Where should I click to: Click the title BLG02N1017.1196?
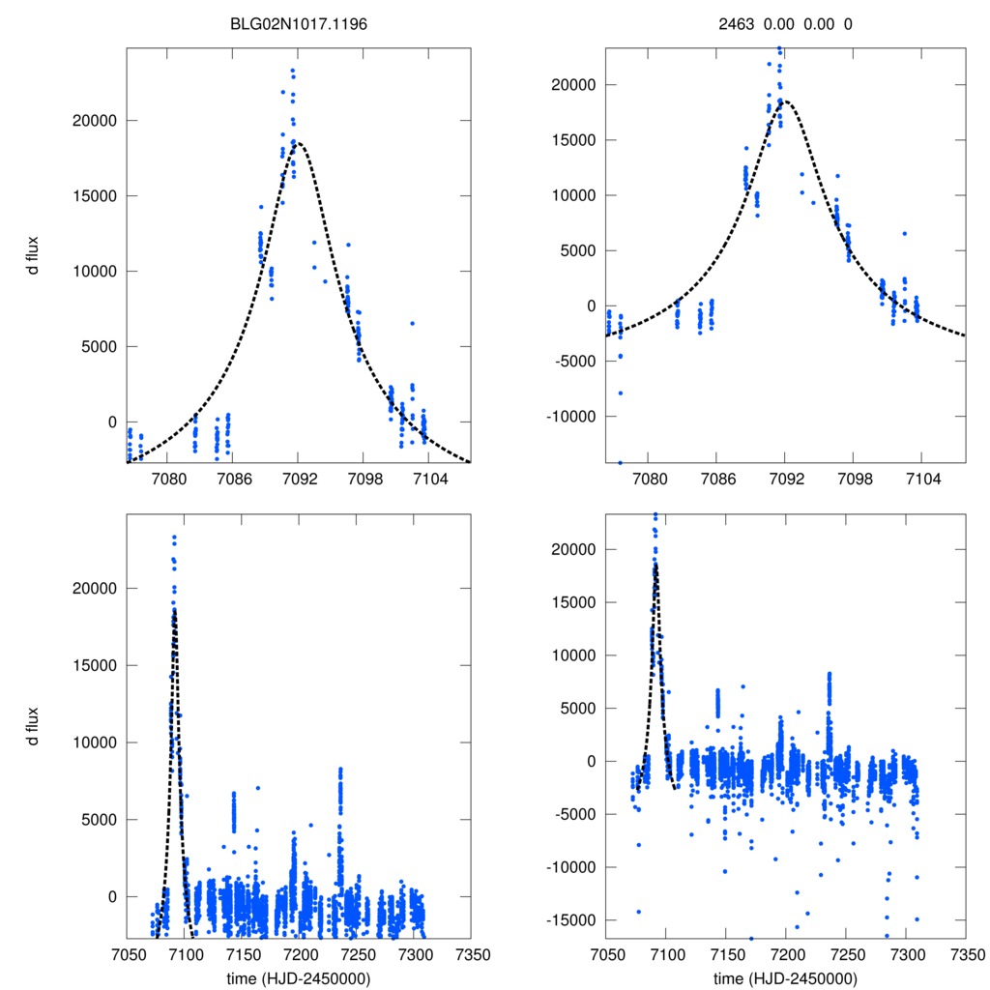(297, 23)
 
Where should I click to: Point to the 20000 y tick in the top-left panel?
(97, 120)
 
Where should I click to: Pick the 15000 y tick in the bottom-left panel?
(97, 665)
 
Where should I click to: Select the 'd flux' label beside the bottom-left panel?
(33, 726)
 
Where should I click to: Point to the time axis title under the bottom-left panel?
(298, 977)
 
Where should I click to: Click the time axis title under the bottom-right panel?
(785, 977)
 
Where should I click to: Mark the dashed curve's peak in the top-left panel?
(298, 143)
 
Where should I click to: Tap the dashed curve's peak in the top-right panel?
(785, 101)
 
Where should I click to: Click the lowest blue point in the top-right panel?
(620, 462)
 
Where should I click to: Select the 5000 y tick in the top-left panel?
(101, 346)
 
